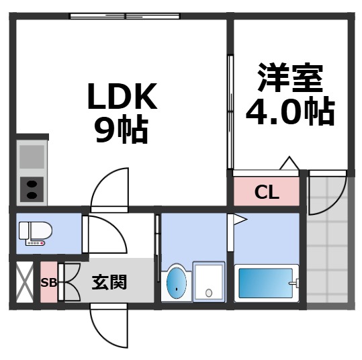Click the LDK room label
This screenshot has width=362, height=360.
[x=120, y=98]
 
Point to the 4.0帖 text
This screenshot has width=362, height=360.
[x=290, y=110]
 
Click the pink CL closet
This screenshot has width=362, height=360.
[x=266, y=193]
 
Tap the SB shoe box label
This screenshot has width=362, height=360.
[x=49, y=282]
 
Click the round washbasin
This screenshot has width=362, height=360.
[x=175, y=281]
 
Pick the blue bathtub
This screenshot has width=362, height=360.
[x=267, y=284]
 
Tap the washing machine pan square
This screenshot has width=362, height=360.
[x=209, y=281]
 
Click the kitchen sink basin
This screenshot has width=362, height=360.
[x=31, y=156]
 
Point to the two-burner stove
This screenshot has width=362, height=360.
[x=31, y=189]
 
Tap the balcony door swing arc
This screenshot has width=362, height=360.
[x=326, y=193]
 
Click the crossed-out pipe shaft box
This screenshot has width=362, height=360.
[x=24, y=282]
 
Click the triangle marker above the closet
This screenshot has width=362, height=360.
[x=289, y=163]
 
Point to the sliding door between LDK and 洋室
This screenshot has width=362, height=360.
[x=230, y=111]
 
